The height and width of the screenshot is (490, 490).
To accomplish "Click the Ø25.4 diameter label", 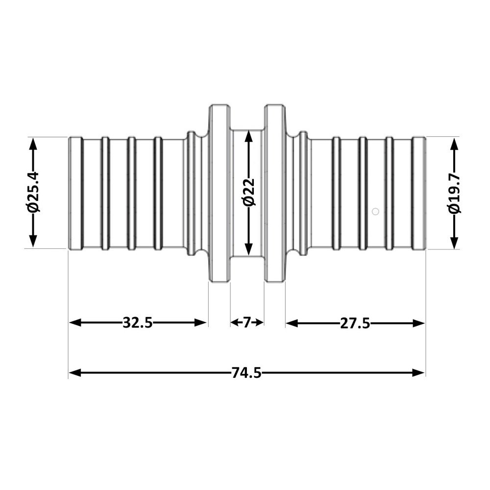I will [33, 193].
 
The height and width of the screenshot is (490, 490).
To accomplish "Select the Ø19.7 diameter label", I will [454, 193].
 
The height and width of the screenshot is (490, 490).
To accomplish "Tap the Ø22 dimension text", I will [249, 193].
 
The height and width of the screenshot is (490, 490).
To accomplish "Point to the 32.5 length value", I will [138, 322].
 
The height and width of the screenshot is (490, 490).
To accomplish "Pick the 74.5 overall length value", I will [246, 373].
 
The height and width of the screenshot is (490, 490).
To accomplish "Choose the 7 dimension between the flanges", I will [247, 322].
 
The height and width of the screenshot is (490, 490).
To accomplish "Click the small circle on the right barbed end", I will [375, 212].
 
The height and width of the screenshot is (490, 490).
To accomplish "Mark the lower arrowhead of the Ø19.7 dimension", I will [454, 242].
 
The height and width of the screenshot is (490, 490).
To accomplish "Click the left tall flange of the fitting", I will [220, 193].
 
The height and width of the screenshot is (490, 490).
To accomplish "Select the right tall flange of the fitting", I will [275, 193].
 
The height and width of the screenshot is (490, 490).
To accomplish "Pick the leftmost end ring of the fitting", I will [75, 193].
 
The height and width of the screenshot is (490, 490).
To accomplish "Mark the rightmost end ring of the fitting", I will [418, 193].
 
